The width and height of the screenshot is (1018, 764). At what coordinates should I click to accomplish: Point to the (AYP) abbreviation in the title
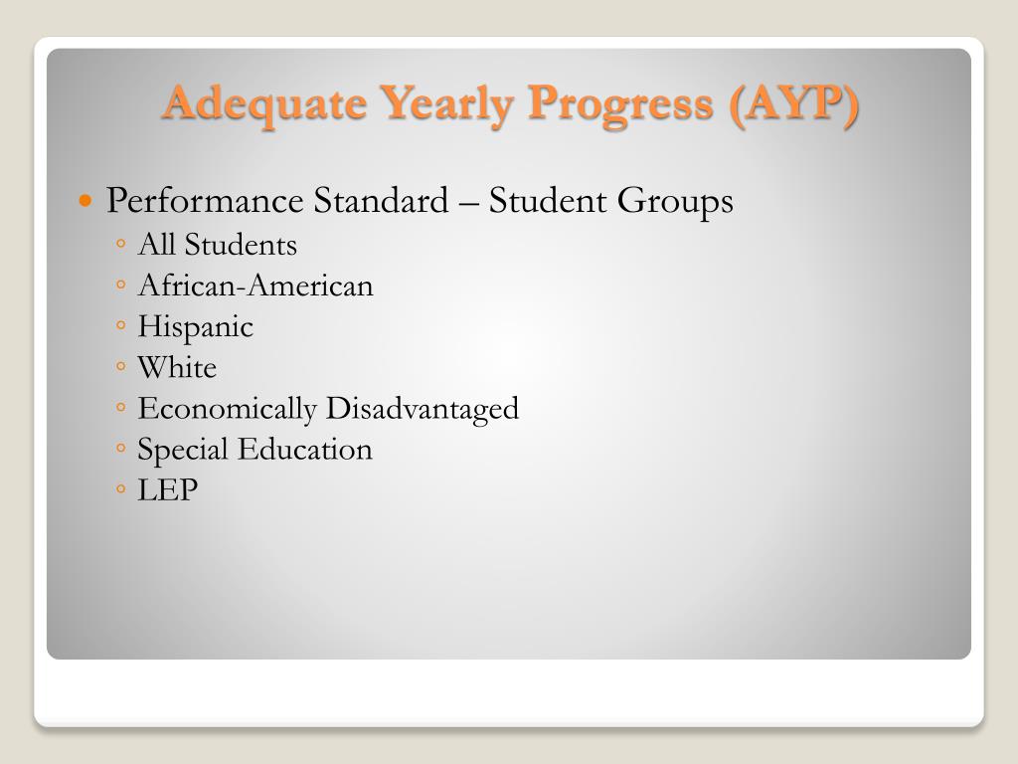793,103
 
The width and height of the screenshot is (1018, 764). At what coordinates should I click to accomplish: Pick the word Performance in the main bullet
205,201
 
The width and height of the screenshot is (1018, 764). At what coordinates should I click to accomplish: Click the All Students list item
217,245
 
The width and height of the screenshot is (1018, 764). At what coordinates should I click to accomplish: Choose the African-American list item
255,286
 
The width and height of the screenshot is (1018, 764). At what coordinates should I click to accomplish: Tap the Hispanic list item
195,327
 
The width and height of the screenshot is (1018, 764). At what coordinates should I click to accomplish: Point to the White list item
177,368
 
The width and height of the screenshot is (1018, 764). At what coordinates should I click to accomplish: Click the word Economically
228,409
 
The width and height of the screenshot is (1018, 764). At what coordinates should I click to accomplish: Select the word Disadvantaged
423,409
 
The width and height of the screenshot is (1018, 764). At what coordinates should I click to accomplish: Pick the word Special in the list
183,450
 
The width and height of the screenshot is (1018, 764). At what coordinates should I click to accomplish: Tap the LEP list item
168,490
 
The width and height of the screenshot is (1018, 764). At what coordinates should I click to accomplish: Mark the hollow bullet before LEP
119,489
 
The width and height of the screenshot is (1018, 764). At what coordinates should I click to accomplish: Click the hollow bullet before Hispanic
119,326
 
